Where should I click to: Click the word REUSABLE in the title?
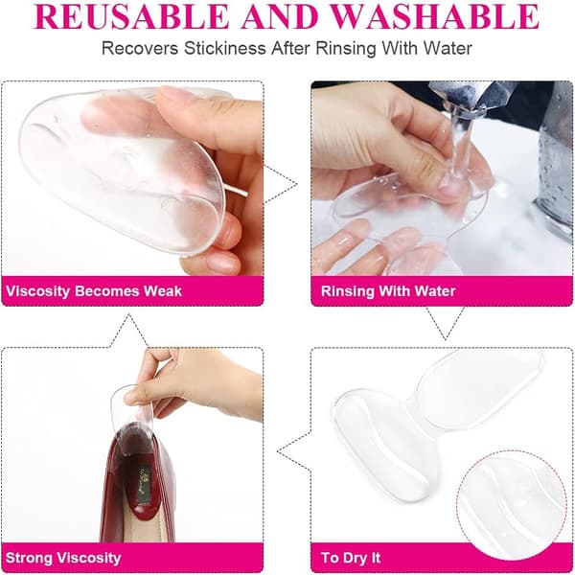tap(132, 16)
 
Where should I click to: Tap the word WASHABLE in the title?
tap(435, 16)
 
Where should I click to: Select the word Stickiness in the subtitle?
tap(225, 48)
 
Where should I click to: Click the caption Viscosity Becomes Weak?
tap(94, 291)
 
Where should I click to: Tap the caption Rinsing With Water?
tap(388, 291)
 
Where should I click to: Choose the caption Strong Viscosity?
tap(63, 558)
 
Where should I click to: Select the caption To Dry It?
tap(351, 558)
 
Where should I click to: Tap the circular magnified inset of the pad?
tap(512, 505)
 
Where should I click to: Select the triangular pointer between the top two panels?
tap(281, 184)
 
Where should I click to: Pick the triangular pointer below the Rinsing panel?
tap(446, 324)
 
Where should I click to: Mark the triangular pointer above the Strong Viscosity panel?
tap(128, 330)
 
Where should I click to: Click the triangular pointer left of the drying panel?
tap(294, 450)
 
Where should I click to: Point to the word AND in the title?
tap(280, 16)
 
